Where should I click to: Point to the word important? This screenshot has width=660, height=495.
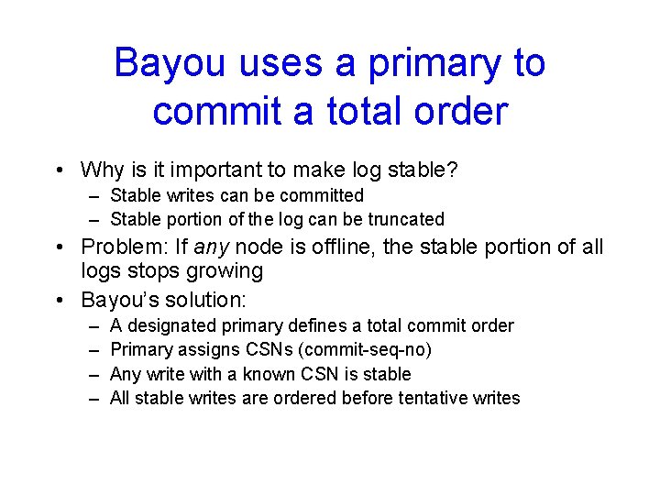pos(195,170)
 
